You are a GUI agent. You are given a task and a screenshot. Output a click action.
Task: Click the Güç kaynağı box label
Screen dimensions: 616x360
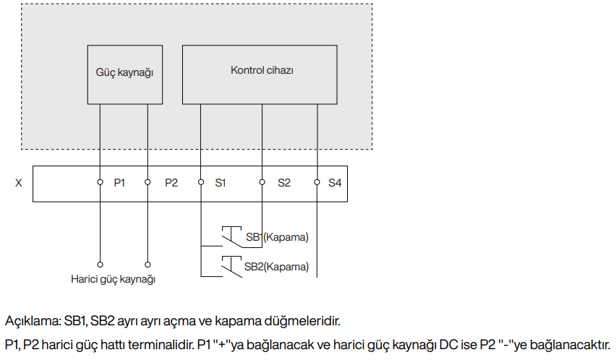pyautogui.click(x=124, y=72)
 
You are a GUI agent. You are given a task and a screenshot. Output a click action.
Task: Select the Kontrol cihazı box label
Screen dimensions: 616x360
pyautogui.click(x=262, y=70)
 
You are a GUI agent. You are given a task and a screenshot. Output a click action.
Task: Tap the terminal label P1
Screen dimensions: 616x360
pyautogui.click(x=119, y=183)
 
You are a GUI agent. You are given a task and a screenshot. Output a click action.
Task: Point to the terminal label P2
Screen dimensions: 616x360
pyautogui.click(x=171, y=183)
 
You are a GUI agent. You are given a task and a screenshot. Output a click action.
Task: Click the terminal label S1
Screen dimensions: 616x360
pyautogui.click(x=221, y=183)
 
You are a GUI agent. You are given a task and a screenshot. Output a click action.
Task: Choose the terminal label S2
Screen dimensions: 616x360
pyautogui.click(x=284, y=183)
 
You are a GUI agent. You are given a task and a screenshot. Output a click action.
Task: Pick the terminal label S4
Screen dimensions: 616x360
pyautogui.click(x=335, y=183)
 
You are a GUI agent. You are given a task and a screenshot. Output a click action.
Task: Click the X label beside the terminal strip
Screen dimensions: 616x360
pyautogui.click(x=19, y=183)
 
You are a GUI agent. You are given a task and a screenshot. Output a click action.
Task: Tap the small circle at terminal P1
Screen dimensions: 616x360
pyautogui.click(x=100, y=182)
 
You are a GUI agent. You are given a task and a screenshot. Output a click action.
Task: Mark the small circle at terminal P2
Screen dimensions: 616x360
pyautogui.click(x=147, y=182)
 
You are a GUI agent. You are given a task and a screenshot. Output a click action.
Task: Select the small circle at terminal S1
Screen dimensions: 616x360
pyautogui.click(x=201, y=182)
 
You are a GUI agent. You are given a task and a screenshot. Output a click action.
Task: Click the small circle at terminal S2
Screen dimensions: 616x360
pyautogui.click(x=262, y=182)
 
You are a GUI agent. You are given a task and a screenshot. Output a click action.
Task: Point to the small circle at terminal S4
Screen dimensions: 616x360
pyautogui.click(x=317, y=182)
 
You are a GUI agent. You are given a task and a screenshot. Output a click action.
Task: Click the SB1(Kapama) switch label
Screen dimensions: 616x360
pyautogui.click(x=278, y=237)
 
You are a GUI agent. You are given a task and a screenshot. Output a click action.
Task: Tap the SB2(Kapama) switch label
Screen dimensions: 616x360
pyautogui.click(x=277, y=267)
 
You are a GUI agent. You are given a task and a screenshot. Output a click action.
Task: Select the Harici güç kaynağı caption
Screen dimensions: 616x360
pyautogui.click(x=113, y=279)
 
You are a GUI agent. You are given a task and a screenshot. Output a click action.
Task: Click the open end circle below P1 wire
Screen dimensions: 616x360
pyautogui.click(x=100, y=265)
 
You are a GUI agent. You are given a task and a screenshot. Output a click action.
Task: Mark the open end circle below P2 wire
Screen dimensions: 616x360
pyautogui.click(x=147, y=265)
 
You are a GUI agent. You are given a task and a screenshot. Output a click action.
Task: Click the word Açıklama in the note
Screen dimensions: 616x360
pyautogui.click(x=33, y=321)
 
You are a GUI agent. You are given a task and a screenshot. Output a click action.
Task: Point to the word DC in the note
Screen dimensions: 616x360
pyautogui.click(x=448, y=345)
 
